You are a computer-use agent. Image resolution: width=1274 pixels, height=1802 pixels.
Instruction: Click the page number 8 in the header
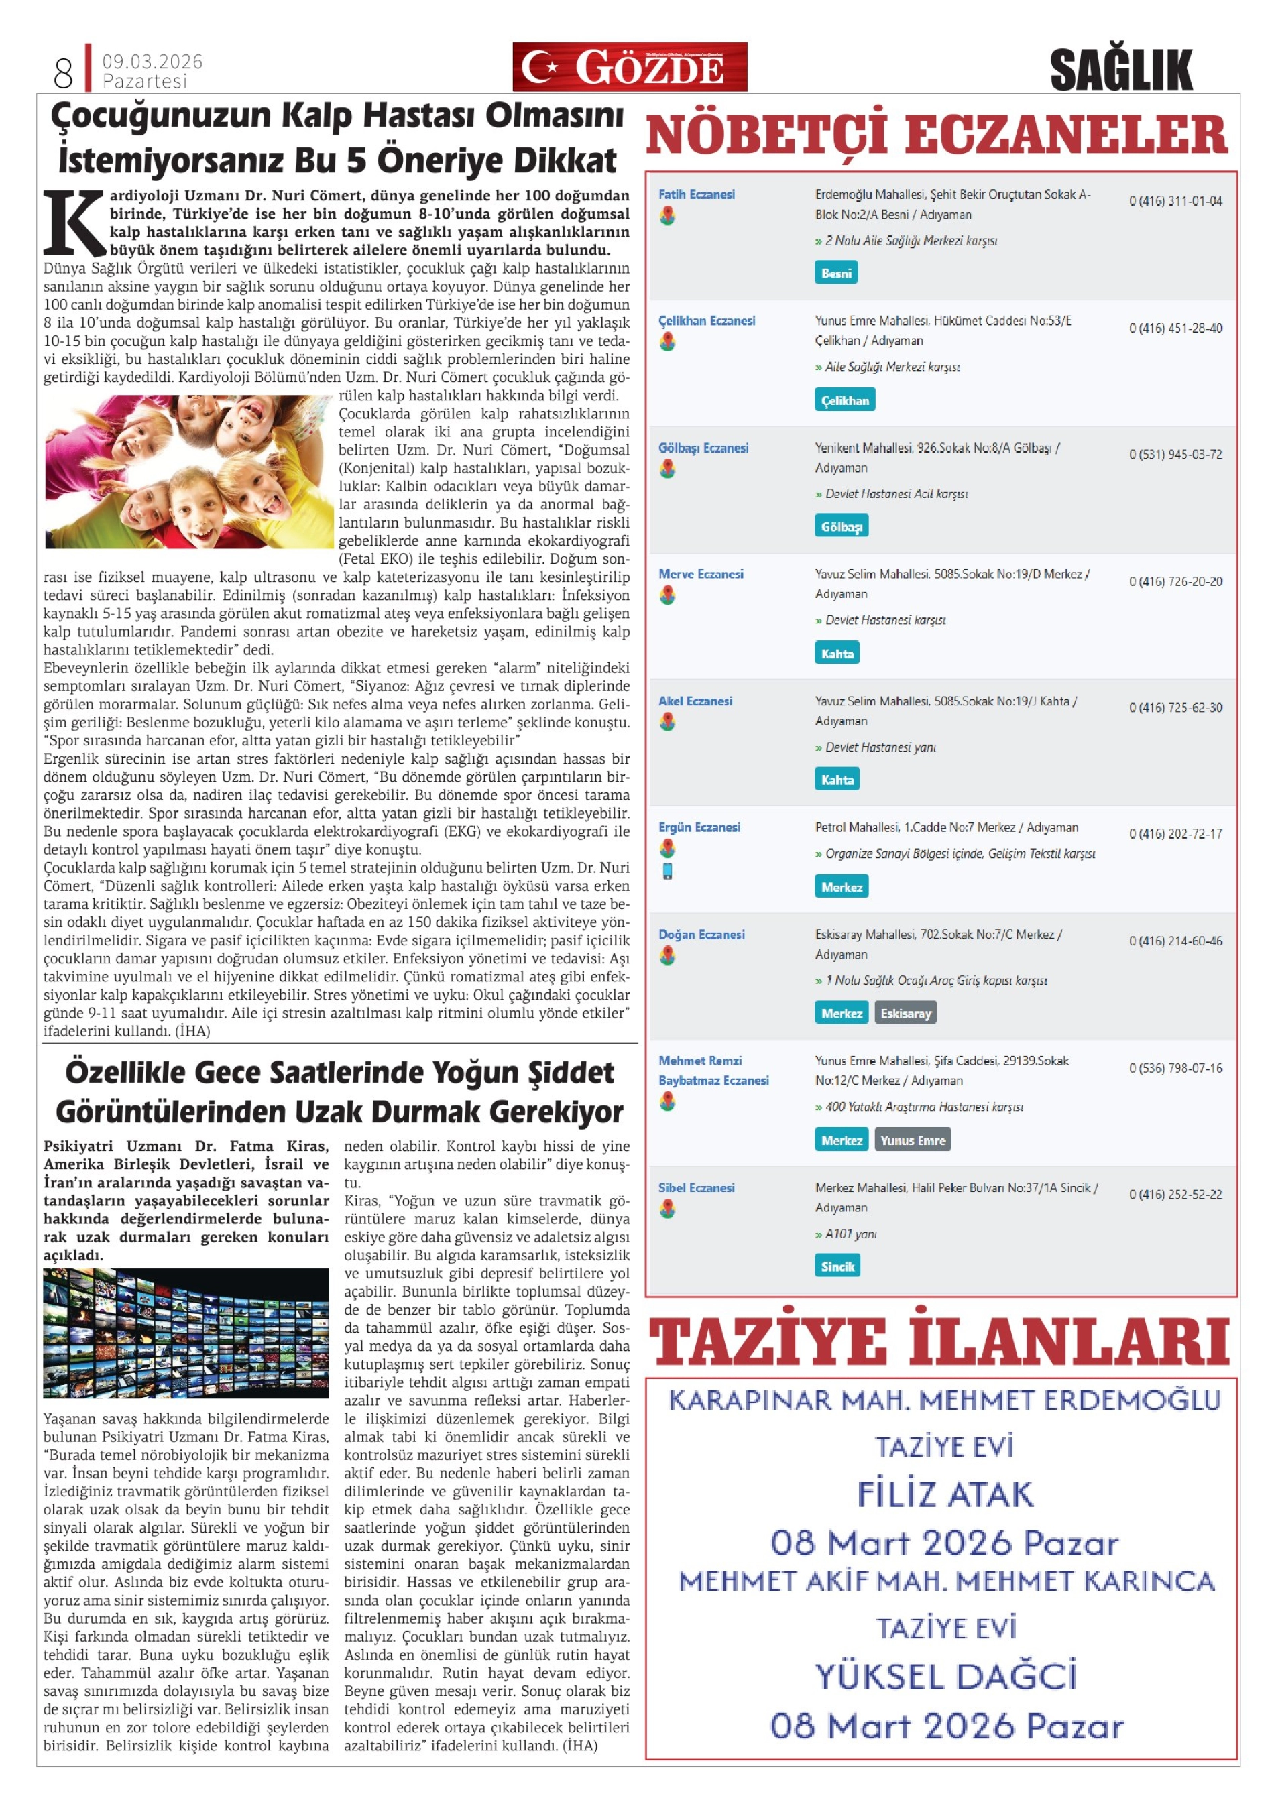pos(63,73)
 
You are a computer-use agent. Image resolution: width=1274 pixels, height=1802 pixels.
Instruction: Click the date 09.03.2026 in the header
pos(152,61)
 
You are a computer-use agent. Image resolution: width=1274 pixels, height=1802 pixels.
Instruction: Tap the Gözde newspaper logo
pos(629,67)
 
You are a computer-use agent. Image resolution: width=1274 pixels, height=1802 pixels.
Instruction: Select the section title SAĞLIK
pos(1120,70)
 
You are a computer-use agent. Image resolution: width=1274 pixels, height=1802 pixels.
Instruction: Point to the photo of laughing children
pos(189,471)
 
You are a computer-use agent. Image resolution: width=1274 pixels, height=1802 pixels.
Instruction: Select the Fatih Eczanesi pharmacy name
pos(696,194)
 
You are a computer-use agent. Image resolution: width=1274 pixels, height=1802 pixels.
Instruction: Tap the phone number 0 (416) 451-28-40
pos(1175,328)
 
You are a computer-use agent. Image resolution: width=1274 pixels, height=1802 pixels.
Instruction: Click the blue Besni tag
pos(836,273)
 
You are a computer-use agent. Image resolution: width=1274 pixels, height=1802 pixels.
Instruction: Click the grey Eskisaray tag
pos(905,1013)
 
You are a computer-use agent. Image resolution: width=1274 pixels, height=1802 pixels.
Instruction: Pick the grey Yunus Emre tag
pos(912,1140)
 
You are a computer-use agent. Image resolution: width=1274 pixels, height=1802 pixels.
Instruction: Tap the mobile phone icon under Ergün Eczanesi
pos(667,870)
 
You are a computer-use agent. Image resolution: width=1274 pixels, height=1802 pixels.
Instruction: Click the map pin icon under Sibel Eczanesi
pos(667,1209)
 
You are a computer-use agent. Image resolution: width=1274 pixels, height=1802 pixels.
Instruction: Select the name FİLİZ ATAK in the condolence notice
pos(944,1494)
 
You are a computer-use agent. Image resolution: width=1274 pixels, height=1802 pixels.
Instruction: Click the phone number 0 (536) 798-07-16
pos(1175,1068)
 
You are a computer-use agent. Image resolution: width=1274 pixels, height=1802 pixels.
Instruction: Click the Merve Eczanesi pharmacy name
pos(700,575)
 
